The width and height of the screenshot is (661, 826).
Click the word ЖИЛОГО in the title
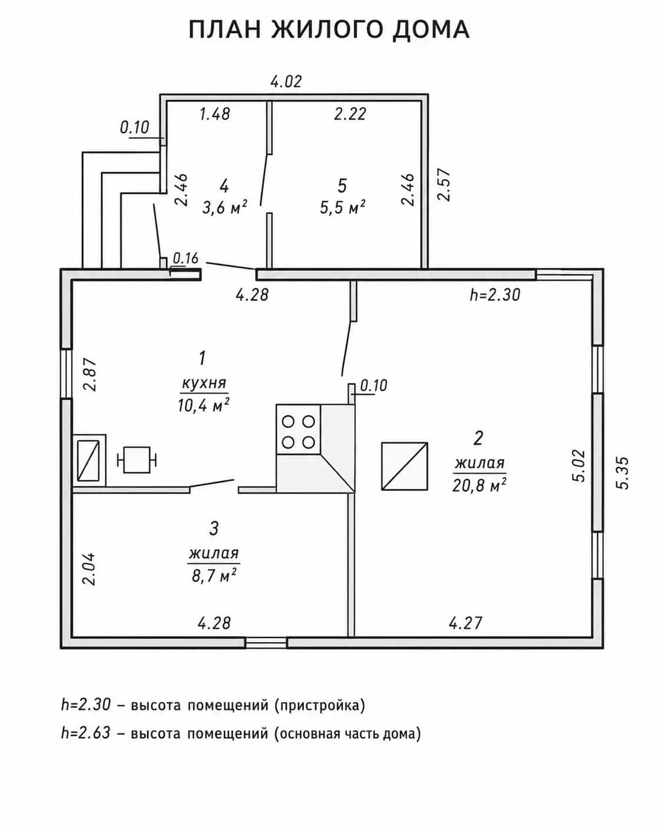click(x=327, y=29)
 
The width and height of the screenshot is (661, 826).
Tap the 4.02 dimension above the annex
click(x=286, y=81)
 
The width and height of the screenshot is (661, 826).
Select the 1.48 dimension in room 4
click(x=215, y=114)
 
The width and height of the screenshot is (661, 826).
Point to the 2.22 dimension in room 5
click(x=350, y=114)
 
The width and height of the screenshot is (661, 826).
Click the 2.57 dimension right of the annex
click(x=445, y=184)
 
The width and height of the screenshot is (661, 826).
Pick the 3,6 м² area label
click(x=225, y=207)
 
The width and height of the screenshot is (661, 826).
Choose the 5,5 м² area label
click(x=343, y=207)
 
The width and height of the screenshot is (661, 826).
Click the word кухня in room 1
click(x=204, y=384)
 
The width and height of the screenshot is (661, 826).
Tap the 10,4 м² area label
click(x=203, y=405)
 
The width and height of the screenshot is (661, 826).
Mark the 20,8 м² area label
click(x=479, y=485)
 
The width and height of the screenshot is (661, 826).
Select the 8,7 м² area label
click(x=214, y=576)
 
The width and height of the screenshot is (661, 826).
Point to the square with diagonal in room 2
click(x=405, y=467)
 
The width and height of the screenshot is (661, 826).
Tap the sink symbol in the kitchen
click(x=89, y=460)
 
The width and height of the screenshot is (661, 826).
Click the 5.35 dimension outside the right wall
click(x=623, y=473)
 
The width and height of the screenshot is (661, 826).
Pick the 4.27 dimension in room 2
click(x=465, y=623)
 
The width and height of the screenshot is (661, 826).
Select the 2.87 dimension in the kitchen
click(x=90, y=375)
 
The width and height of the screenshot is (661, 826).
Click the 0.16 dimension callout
click(x=186, y=258)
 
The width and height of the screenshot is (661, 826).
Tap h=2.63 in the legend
click(x=86, y=733)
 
